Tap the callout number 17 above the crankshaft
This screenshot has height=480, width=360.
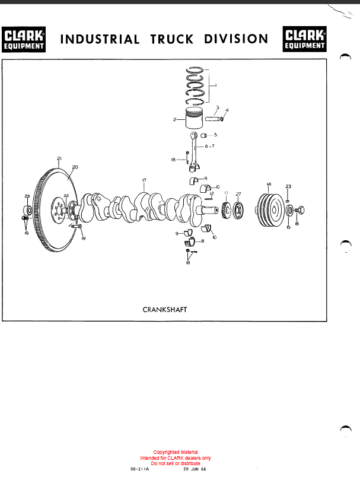coord(144,180)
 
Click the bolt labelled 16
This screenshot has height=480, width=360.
coord(300,210)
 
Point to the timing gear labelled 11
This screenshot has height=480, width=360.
coord(226,210)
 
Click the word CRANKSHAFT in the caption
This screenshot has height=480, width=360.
coord(165,310)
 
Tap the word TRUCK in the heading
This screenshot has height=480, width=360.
coord(172,39)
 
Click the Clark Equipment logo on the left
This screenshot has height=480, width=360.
coord(24,39)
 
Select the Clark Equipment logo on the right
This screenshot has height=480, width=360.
coord(305,39)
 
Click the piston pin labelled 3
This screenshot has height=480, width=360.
coord(212,119)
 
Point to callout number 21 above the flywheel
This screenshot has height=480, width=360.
coord(59,158)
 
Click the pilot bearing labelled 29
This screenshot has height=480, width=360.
coord(28,210)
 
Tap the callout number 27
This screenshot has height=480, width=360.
coord(238,194)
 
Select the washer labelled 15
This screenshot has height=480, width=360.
coord(289,210)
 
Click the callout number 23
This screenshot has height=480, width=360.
coord(288,186)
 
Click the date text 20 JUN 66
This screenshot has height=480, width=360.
coord(195,469)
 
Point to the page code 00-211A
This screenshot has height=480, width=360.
coord(139,469)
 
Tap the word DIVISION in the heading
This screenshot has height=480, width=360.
coord(236,39)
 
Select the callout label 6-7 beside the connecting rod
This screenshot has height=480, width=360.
coord(210,146)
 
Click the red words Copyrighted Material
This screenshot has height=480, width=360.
coord(176,452)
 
